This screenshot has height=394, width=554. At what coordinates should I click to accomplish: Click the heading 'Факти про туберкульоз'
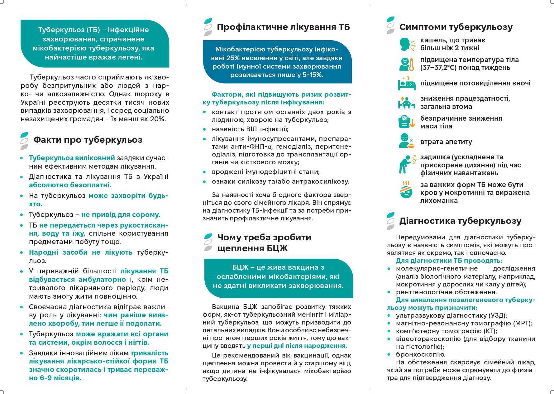[x=88, y=140]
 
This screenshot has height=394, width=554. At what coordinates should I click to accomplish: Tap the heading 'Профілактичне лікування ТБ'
[x=283, y=27]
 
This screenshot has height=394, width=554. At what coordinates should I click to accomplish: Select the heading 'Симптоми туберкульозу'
[x=456, y=27]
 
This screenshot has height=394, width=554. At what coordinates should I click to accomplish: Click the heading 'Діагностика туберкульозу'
[x=460, y=221]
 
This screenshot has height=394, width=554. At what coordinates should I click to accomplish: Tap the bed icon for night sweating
[x=407, y=83]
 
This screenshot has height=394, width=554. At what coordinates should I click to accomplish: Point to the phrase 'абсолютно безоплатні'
[x=69, y=185]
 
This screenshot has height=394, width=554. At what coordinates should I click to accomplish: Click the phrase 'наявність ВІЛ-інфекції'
[x=250, y=129]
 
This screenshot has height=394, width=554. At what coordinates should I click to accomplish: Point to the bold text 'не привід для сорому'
[x=120, y=215]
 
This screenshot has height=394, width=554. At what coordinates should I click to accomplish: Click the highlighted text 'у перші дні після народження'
[x=297, y=346]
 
